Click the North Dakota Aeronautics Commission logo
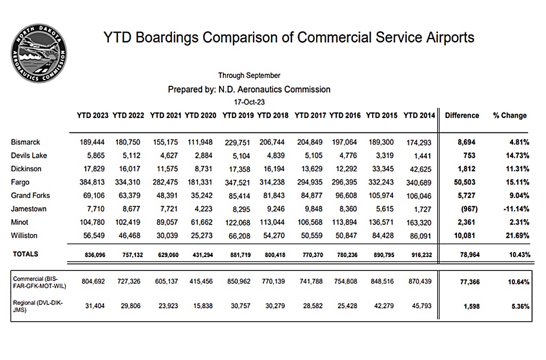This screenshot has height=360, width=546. [38, 54]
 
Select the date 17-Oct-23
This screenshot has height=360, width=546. [249, 102]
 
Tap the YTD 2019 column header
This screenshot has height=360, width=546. [238, 115]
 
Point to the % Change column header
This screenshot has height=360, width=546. [509, 115]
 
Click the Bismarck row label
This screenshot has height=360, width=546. [25, 142]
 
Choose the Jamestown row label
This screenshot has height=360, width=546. [28, 209]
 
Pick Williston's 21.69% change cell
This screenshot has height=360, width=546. [516, 236]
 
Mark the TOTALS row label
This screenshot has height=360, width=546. [26, 254]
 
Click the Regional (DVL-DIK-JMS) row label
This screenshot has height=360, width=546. [37, 306]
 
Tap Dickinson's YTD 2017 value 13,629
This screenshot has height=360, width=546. [309, 169]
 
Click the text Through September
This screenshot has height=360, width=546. [249, 76]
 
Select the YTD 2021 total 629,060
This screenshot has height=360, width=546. [164, 255]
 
